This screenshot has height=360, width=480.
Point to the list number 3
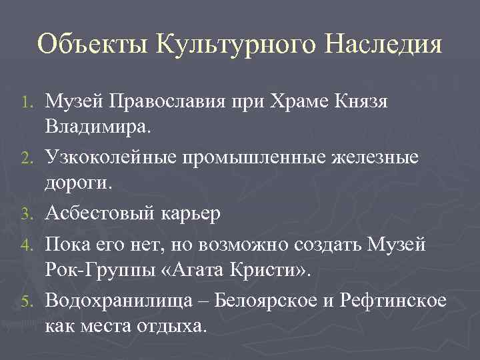coord(26,214)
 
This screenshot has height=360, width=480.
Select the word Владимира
coord(99,127)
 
